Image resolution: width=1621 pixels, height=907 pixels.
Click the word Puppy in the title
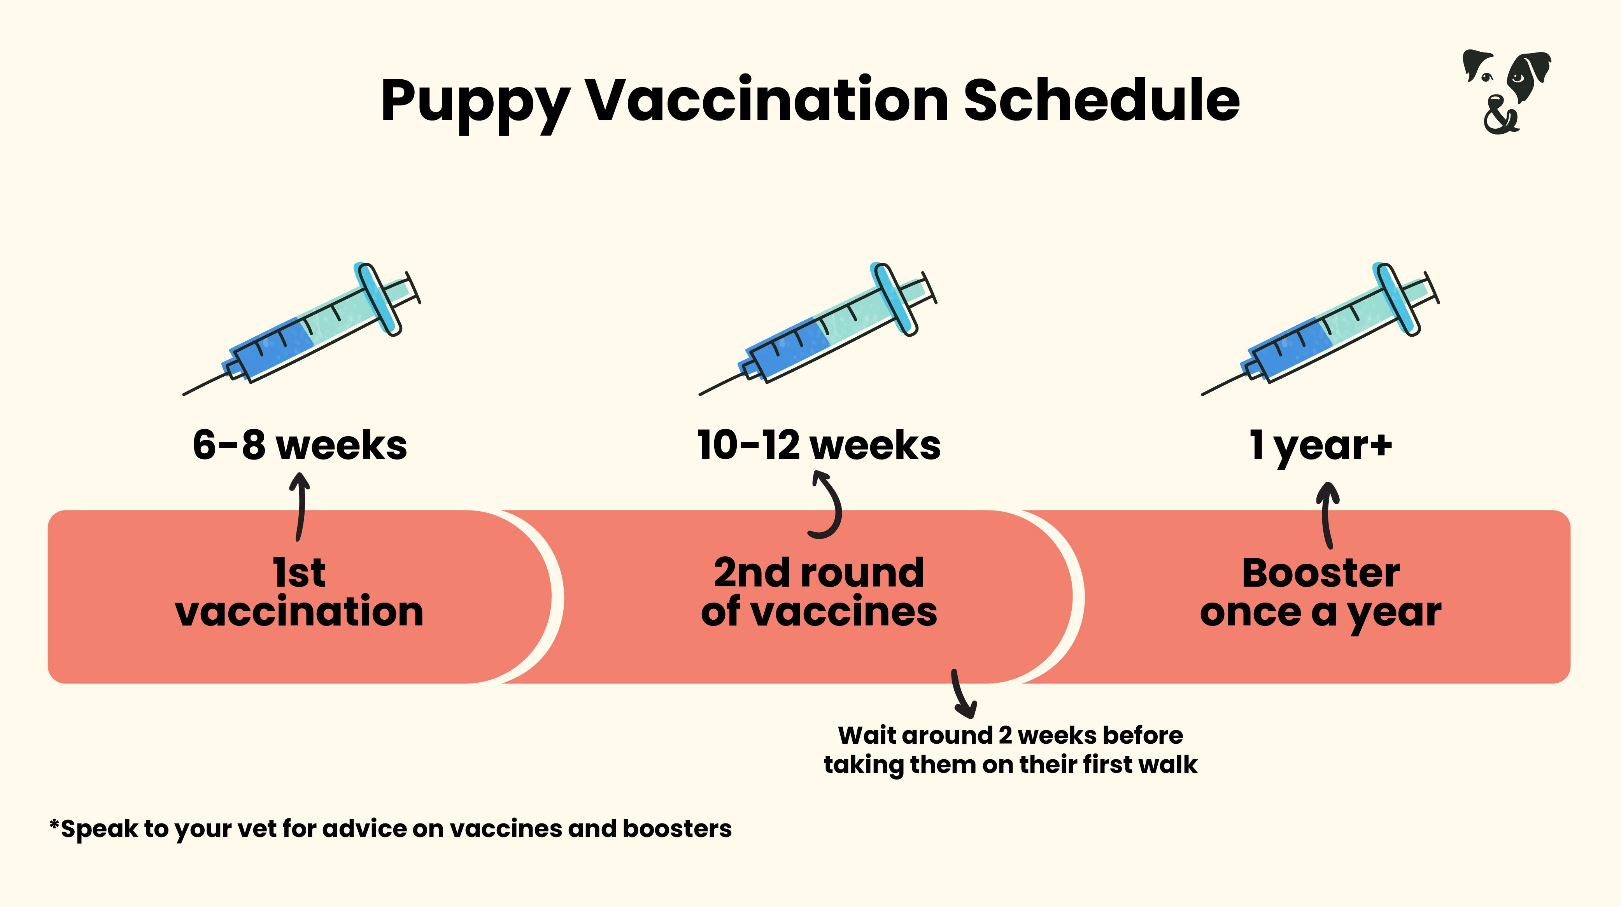[475, 102]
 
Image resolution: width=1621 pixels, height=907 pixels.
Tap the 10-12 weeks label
[819, 445]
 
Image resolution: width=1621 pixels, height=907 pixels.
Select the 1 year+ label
[1320, 445]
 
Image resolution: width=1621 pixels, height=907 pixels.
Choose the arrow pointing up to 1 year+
[1328, 514]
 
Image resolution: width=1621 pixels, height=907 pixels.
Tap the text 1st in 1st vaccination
[300, 573]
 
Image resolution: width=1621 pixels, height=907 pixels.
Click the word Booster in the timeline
[1320, 573]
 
